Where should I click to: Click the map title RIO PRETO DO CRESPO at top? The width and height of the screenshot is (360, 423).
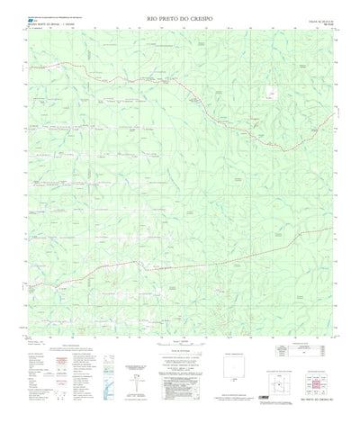(x=180, y=17)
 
